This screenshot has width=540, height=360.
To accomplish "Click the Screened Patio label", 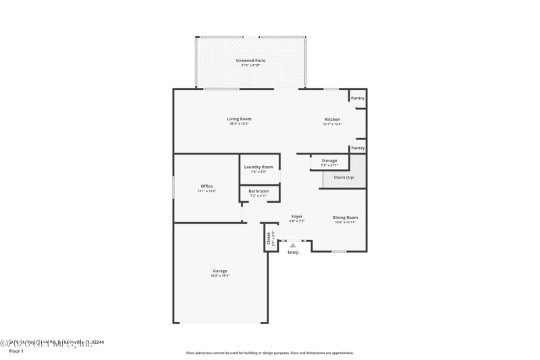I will click(250, 61).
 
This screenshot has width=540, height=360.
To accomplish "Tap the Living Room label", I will click(239, 119).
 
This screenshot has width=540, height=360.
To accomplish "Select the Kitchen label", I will click(332, 120).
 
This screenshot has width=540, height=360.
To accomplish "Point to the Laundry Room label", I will click(259, 167).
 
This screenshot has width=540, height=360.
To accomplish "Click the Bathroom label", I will click(259, 191).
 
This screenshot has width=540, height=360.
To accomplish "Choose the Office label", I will click(207, 186).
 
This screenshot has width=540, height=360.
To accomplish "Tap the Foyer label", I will click(297, 216).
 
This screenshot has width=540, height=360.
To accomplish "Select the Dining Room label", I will click(344, 217).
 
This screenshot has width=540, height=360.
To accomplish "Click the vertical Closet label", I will click(269, 238).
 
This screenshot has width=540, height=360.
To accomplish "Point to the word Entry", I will click(293, 253).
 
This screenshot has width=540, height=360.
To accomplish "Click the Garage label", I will click(220, 271).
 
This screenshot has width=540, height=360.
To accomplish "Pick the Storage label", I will click(329, 161).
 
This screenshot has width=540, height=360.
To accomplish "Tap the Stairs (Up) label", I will click(344, 178).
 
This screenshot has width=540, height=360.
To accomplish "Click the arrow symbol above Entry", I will click(293, 246).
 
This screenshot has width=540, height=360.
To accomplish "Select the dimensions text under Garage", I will click(220, 276).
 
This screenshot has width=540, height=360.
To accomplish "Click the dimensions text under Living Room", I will click(239, 124).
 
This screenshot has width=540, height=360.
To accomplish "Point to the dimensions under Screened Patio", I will click(250, 66).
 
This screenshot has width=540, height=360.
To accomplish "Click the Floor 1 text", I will click(16, 352).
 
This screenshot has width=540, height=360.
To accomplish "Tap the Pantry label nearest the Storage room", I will click(358, 148).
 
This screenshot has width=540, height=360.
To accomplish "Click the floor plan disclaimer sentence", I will click(270, 353).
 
